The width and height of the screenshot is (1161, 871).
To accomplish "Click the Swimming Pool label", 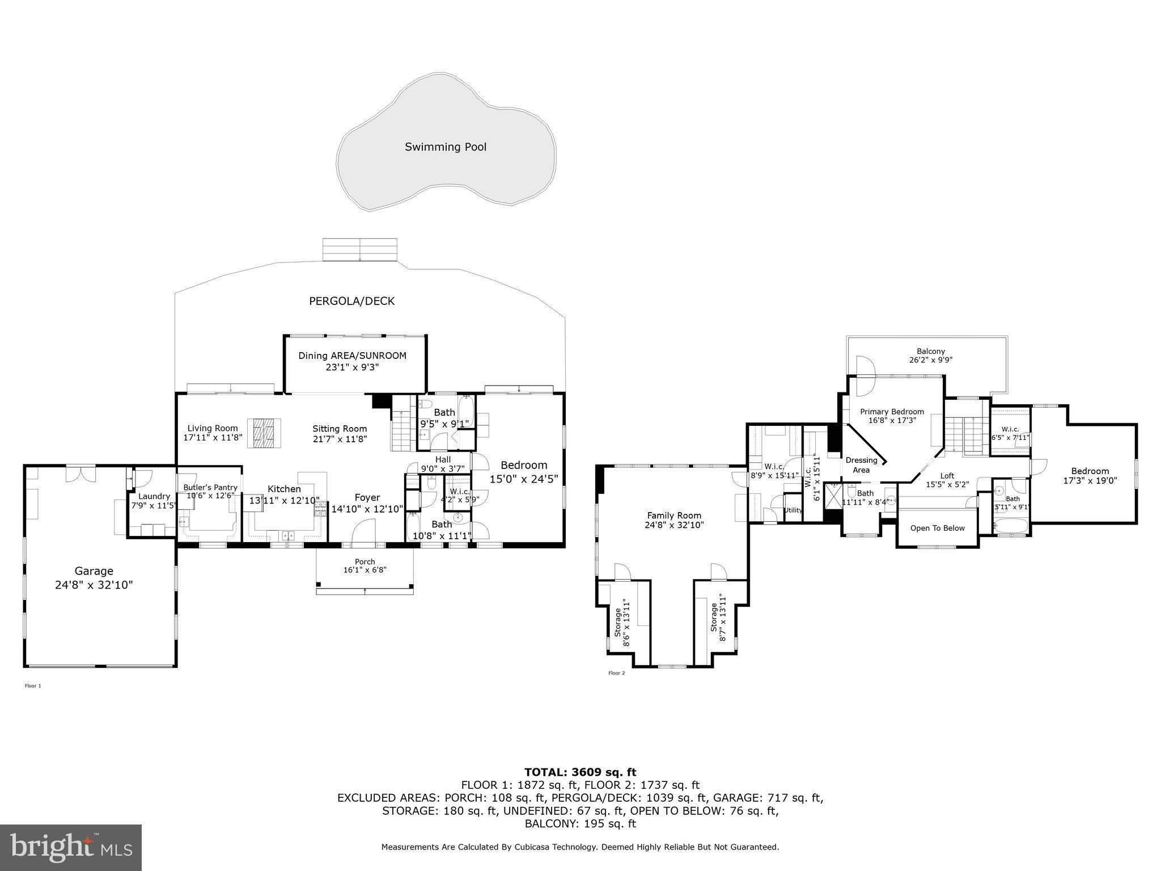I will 446,147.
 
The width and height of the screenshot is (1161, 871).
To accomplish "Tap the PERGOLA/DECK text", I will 351,301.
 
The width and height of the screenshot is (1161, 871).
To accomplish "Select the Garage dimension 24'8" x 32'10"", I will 94,585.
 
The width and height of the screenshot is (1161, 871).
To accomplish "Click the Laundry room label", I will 154,496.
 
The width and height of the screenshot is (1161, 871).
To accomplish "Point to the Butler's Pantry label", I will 210,488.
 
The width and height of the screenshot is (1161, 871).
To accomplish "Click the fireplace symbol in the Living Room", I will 264,434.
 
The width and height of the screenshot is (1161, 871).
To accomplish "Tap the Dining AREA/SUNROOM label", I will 353,356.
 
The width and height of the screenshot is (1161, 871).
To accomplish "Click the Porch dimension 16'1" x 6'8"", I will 365,570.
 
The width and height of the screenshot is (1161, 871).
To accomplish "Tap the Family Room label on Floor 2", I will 674,515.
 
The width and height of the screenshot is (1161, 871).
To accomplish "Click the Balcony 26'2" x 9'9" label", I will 931,356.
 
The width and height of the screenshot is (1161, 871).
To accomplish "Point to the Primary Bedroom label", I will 892,412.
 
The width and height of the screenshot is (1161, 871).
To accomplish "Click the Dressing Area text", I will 861,465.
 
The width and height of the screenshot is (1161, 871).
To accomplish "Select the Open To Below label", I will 937,528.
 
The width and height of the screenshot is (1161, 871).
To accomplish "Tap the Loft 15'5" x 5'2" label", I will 947,480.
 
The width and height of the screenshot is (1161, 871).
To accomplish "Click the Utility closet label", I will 793,510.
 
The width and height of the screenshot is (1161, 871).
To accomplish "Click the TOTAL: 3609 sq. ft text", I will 580,772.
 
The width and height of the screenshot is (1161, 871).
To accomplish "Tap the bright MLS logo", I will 71,848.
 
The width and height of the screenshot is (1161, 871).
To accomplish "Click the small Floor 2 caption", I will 616,673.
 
